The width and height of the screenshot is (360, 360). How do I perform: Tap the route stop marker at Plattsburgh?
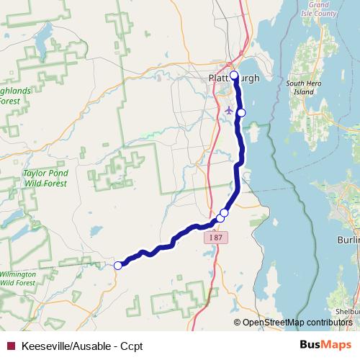(x=234, y=74)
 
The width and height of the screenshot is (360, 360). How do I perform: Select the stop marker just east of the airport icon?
(x=242, y=112)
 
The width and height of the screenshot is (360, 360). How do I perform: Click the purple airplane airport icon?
(x=229, y=110)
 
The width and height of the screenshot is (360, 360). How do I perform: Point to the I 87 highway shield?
(x=216, y=237)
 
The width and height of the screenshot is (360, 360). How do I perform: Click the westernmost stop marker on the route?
(x=118, y=266)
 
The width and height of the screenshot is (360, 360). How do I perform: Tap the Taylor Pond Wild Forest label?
(x=45, y=179)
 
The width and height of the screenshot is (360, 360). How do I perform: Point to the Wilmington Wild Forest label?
(x=17, y=279)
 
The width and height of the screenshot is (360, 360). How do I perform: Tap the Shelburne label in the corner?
(x=348, y=312)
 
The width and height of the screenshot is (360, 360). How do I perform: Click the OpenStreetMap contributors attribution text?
(x=297, y=322)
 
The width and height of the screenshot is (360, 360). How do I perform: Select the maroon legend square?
(x=11, y=346)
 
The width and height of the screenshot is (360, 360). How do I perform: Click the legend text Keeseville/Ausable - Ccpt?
(x=82, y=346)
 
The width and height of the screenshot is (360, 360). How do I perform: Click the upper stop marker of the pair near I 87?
(x=225, y=212)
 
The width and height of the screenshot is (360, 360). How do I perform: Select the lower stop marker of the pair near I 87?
(x=220, y=217)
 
